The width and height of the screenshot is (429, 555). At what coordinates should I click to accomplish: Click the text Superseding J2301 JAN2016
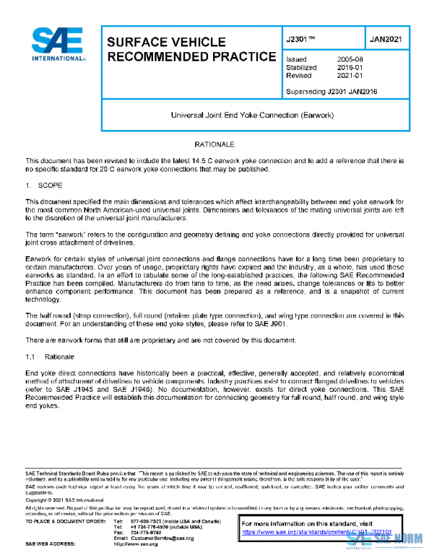tap(331, 91)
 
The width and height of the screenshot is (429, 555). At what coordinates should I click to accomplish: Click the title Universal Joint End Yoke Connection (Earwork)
tap(254, 114)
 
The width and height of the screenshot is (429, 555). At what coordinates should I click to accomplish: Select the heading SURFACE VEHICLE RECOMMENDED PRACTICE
tap(190, 49)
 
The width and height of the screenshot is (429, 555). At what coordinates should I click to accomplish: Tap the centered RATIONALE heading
tap(214, 144)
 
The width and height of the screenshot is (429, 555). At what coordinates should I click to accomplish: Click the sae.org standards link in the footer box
tap(317, 532)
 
